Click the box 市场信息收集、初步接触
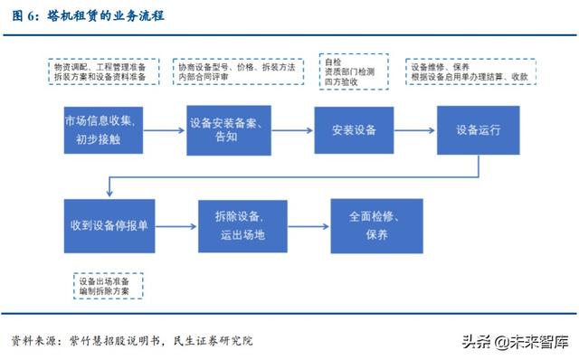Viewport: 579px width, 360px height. pyautogui.click(x=100, y=129)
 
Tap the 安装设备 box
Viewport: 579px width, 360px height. pyautogui.click(x=347, y=129)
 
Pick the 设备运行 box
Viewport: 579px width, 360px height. pyautogui.click(x=477, y=129)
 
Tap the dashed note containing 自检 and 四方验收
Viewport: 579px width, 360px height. pyautogui.click(x=354, y=71)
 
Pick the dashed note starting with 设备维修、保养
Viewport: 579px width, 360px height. pyautogui.click(x=470, y=72)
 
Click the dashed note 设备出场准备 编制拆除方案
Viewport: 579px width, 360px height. pyautogui.click(x=107, y=285)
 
